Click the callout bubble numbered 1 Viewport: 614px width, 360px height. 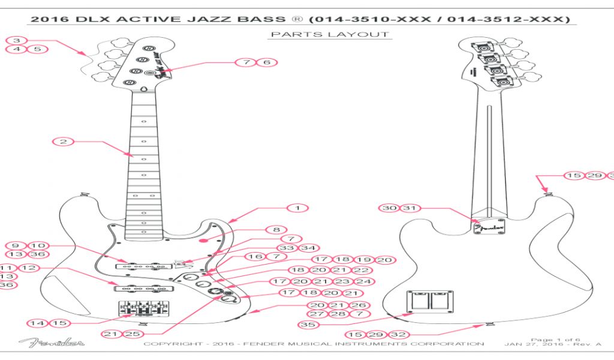(x=297, y=208)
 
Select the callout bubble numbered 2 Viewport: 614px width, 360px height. (x=63, y=142)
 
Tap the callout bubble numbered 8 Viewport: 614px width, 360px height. (x=276, y=230)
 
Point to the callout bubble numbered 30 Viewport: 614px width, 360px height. (x=390, y=208)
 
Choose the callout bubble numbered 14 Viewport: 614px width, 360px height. (x=38, y=323)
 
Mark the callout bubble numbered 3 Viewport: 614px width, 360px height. (x=17, y=40)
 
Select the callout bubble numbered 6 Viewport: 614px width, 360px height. (x=267, y=62)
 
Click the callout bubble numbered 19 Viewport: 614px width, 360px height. (x=363, y=260)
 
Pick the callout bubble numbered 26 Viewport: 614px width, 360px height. (x=359, y=305)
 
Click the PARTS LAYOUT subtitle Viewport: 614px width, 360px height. (x=329, y=34)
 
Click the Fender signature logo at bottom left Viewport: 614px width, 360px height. (x=52, y=343)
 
